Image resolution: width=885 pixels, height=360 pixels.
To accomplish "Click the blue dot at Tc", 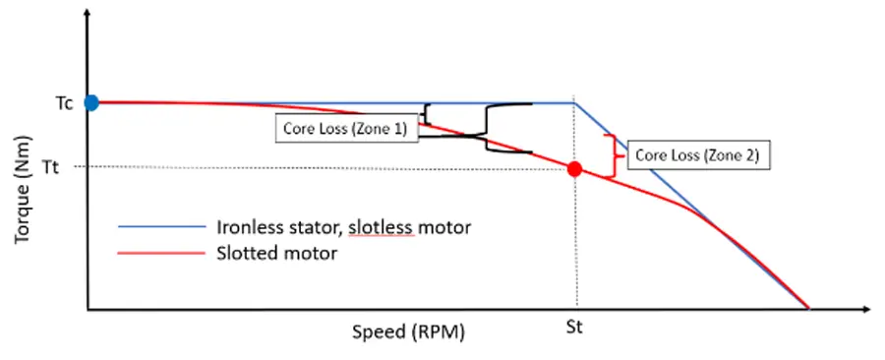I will click(91, 101).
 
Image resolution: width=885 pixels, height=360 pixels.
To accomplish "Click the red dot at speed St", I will click(575, 168).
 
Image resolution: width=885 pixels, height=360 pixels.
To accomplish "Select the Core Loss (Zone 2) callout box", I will click(697, 155).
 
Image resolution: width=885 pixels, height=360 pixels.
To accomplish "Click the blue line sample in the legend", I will click(157, 227).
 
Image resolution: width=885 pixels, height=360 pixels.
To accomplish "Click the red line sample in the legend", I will click(157, 254).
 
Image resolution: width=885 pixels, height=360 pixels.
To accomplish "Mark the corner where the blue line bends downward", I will click(574, 102).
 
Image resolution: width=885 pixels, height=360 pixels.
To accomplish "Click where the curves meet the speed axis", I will click(808, 308).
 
